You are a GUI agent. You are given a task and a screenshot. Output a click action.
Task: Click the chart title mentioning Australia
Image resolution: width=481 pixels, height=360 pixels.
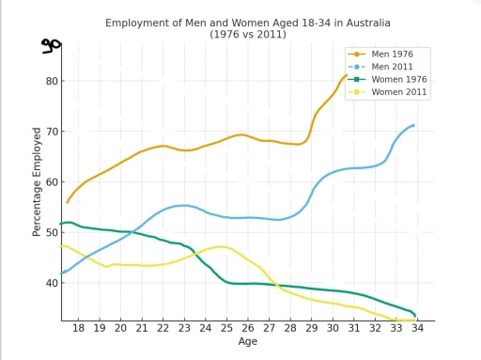(247, 27)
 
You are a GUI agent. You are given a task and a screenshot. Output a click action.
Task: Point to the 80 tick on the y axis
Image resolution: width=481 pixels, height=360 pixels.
(51, 81)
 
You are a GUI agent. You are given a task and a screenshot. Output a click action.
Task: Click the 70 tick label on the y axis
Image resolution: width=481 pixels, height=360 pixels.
(51, 132)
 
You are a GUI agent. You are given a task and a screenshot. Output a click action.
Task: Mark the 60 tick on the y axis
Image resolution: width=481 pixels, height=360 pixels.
(51, 181)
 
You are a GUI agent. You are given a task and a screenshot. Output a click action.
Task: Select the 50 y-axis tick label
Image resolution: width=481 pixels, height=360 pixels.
(51, 232)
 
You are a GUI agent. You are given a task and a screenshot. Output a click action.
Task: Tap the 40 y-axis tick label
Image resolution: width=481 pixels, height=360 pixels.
(51, 283)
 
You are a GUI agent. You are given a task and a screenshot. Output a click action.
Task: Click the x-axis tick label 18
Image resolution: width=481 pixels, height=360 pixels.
(78, 328)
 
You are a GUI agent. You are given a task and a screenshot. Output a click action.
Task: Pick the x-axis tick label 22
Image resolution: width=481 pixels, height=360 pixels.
(163, 328)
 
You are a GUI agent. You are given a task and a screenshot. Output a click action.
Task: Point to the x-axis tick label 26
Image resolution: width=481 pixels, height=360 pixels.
(248, 328)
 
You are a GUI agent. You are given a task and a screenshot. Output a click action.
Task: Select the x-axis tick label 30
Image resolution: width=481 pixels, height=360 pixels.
(333, 328)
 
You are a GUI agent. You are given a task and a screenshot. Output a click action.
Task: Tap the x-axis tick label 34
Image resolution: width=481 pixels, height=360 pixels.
(417, 328)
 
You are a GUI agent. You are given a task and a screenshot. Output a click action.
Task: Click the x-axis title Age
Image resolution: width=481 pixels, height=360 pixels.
(247, 342)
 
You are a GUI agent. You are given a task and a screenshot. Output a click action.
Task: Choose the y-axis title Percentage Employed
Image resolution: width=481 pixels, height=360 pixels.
(38, 182)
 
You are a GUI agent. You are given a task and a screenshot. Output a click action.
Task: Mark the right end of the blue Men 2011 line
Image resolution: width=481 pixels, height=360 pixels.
(413, 125)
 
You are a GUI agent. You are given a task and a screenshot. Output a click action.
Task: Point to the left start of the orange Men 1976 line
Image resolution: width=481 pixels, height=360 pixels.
(67, 202)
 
